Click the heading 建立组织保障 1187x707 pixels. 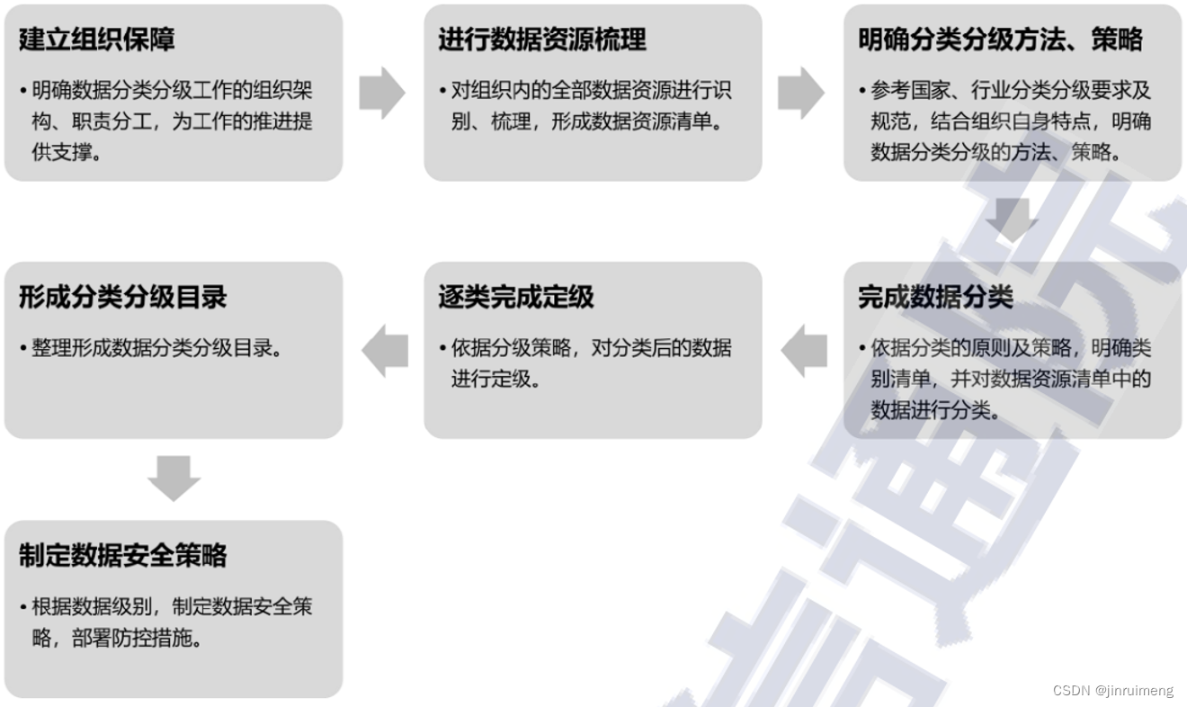tap(96, 40)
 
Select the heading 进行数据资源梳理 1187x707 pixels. tap(541, 40)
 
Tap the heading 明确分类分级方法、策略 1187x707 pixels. tap(1000, 40)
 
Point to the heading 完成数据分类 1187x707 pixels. tap(935, 298)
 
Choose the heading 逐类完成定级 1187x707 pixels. tap(516, 298)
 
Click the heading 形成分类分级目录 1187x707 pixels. tap(122, 298)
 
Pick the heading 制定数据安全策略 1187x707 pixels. tap(122, 555)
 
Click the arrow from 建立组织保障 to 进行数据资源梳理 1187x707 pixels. tap(382, 93)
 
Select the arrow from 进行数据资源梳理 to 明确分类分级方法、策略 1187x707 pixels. tap(801, 93)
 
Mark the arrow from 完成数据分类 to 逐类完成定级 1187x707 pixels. tap(804, 351)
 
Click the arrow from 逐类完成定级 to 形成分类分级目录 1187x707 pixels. tap(385, 351)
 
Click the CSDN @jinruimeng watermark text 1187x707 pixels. tap(1112, 691)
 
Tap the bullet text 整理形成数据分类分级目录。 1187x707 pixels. tap(156, 348)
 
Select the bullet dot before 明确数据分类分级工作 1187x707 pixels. tap(23, 91)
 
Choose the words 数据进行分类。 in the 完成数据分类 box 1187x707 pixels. tap(935, 410)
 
